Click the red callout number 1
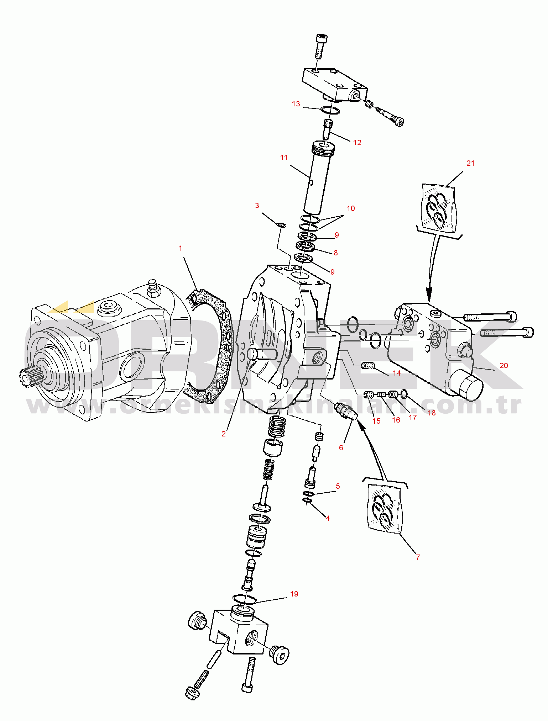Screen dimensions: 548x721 pyautogui.click(x=181, y=248)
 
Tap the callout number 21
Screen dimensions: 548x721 pyautogui.click(x=470, y=163)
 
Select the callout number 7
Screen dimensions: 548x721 pyautogui.click(x=418, y=557)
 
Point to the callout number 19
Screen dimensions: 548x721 pyautogui.click(x=294, y=594)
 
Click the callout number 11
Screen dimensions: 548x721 pyautogui.click(x=284, y=158)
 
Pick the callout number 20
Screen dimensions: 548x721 pyautogui.click(x=504, y=366)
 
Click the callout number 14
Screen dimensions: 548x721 pyautogui.click(x=397, y=373)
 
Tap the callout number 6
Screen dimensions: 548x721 pyautogui.click(x=341, y=448)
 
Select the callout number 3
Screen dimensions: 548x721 pyautogui.click(x=257, y=206)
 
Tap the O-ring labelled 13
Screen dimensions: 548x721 pyautogui.click(x=330, y=111)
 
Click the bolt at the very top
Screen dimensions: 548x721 pyautogui.click(x=320, y=46)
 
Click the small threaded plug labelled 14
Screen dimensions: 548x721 pyautogui.click(x=368, y=366)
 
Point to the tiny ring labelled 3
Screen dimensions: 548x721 pyautogui.click(x=281, y=224)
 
